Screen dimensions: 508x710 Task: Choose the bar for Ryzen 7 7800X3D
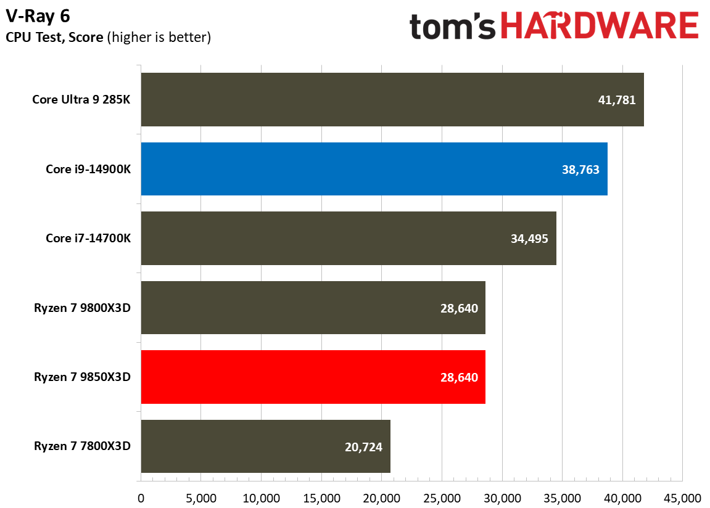coord(265,446)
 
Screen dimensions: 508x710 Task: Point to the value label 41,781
coord(616,100)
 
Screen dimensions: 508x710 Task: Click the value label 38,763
coord(580,170)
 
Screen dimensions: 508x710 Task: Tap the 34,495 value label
coord(529,239)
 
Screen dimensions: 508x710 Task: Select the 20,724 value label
coord(363,447)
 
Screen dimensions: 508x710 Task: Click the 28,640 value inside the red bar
coord(458,377)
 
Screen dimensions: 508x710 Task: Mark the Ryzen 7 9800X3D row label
coord(82,308)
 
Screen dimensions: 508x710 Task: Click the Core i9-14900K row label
coord(88,169)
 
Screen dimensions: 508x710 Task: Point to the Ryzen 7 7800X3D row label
coord(82,446)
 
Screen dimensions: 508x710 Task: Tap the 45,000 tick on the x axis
coord(682,498)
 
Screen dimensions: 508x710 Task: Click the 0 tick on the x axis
coord(141,498)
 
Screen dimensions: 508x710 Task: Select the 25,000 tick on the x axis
coord(442,498)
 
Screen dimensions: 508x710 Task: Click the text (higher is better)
coord(159,38)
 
